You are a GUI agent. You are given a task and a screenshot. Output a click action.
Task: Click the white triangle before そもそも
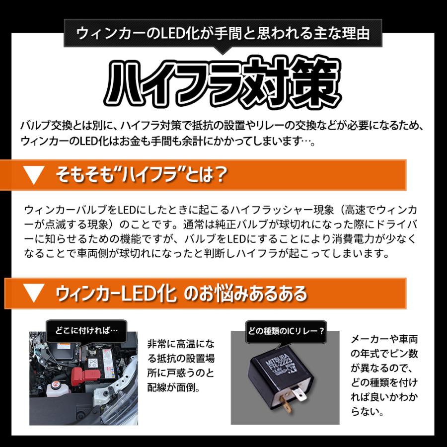tap(34, 175)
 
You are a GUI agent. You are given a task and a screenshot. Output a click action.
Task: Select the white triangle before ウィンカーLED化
tap(34, 293)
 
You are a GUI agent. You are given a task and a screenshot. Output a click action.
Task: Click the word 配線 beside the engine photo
tap(158, 387)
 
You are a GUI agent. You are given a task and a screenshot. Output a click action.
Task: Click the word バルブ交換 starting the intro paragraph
tap(48, 126)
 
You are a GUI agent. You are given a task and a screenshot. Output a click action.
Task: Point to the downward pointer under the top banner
tap(223, 50)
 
